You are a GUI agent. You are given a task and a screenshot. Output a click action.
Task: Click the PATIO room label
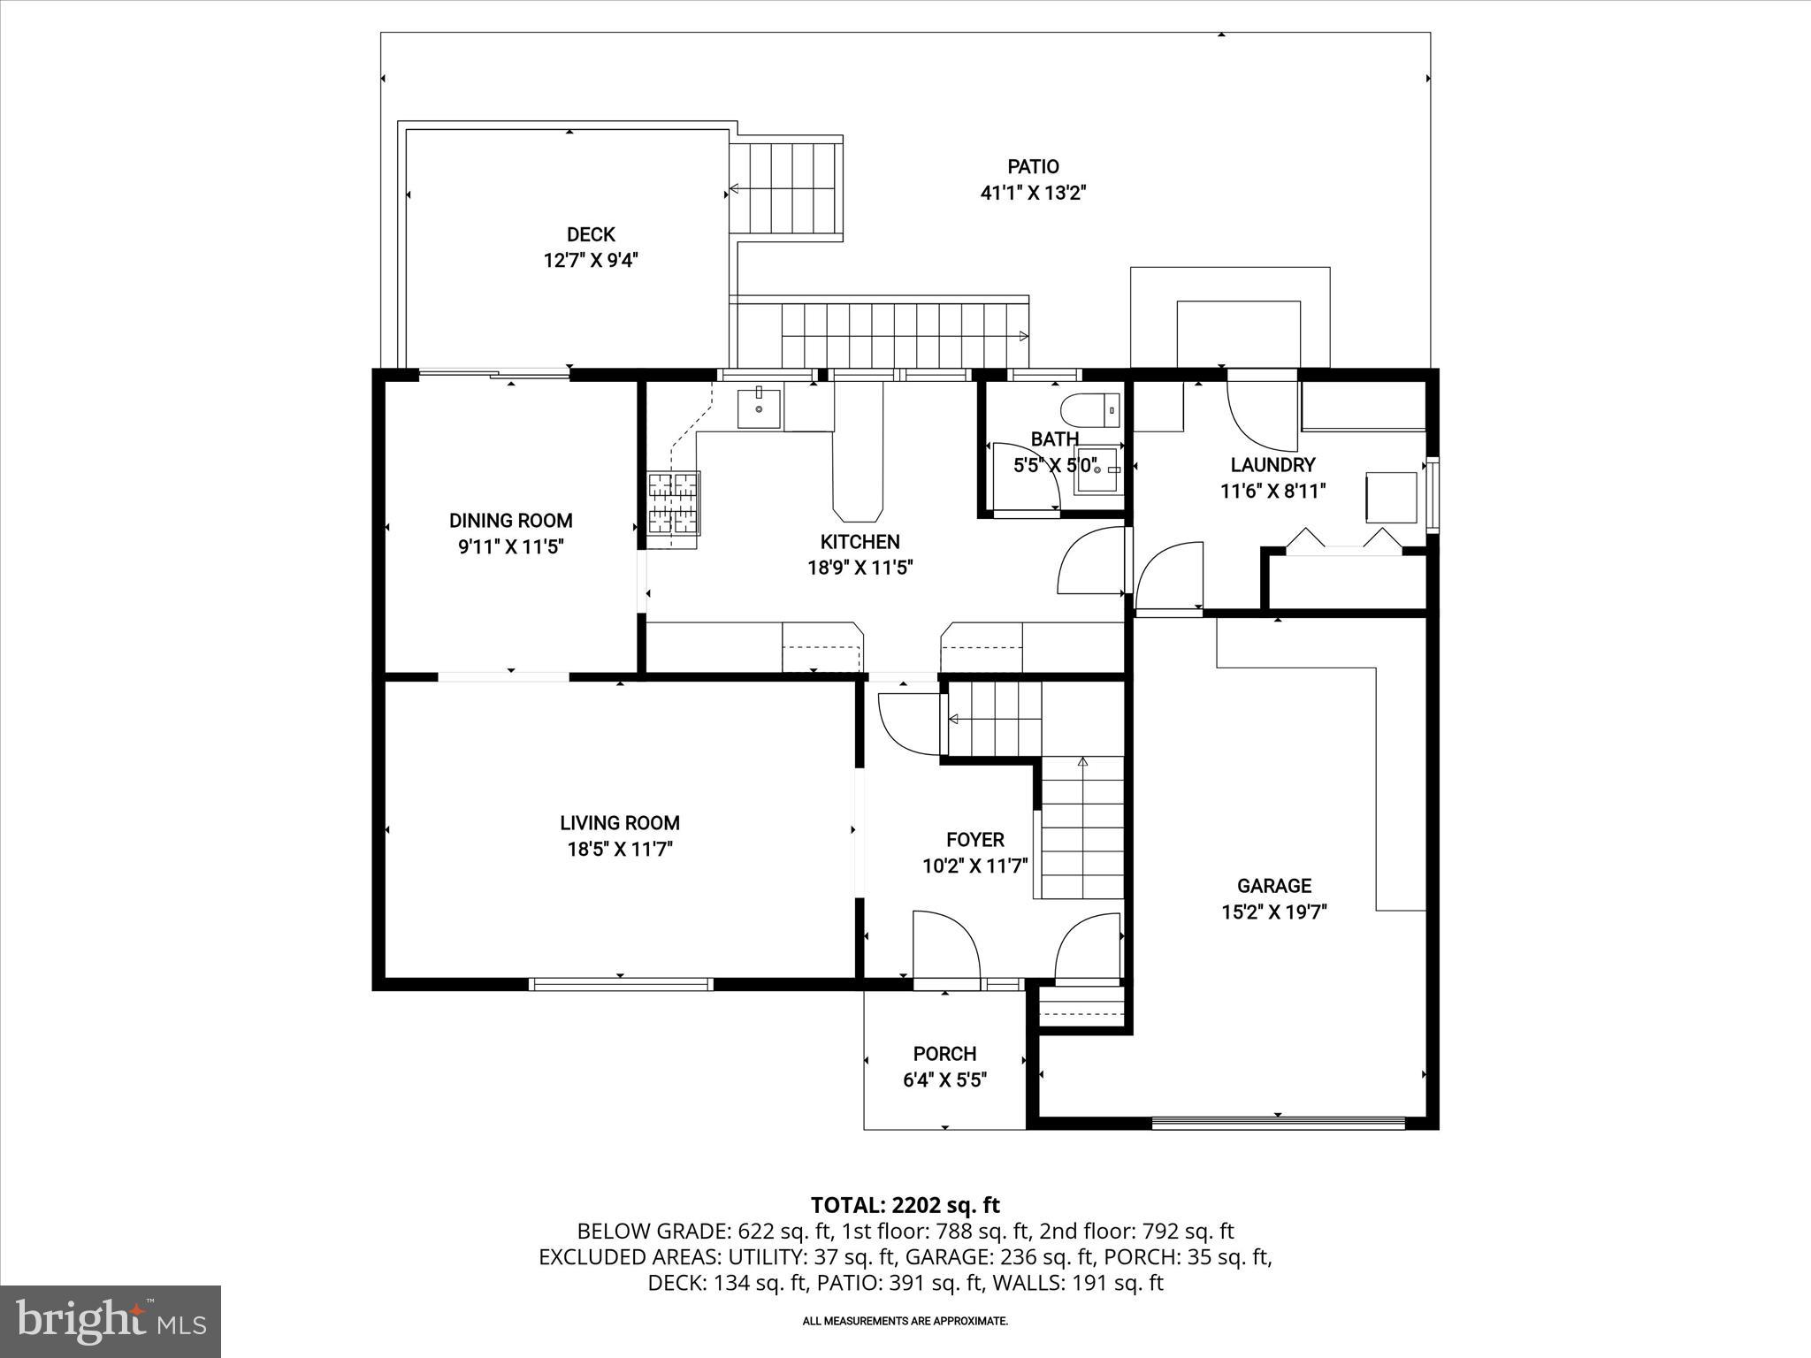click(1033, 166)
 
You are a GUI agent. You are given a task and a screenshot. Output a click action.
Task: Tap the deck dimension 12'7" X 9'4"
click(591, 261)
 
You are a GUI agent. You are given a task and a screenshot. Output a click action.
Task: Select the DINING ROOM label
click(510, 521)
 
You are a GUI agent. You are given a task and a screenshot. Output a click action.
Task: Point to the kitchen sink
click(759, 408)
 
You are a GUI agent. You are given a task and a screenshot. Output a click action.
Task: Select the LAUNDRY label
click(1272, 465)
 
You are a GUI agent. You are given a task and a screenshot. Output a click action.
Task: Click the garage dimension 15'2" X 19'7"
click(1273, 912)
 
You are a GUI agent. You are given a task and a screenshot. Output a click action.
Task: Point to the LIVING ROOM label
click(619, 823)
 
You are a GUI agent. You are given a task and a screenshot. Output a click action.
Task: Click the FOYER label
click(974, 840)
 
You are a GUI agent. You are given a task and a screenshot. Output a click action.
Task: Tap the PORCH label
click(944, 1054)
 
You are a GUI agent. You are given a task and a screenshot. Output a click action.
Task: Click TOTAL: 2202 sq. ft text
click(905, 1205)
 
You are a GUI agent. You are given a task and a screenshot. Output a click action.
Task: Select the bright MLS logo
click(111, 1321)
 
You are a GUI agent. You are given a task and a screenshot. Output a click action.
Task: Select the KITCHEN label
click(860, 542)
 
